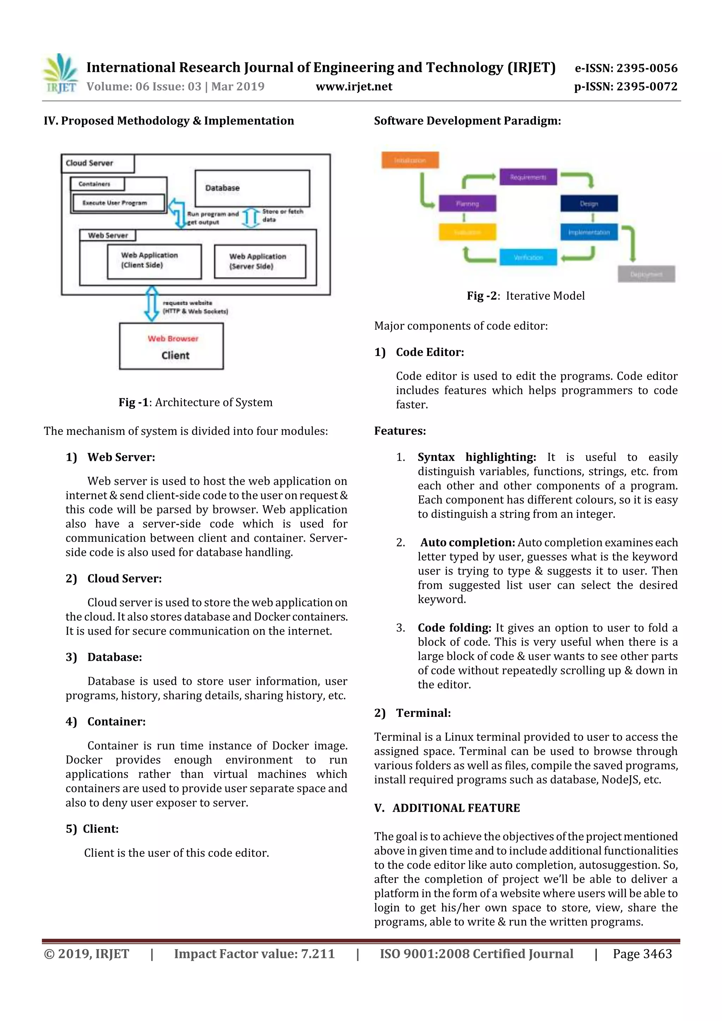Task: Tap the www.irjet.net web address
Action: [x=354, y=87]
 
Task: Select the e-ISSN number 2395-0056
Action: [x=626, y=68]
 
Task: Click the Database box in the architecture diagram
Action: [x=252, y=188]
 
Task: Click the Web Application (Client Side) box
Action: [x=154, y=261]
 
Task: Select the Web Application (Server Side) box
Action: [x=260, y=262]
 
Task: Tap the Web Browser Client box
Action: [x=171, y=346]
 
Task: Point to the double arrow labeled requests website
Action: [x=152, y=304]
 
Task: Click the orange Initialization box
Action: [x=410, y=160]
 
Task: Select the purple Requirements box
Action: [x=528, y=177]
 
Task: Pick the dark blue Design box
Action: [x=588, y=203]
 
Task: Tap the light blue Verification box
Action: [x=528, y=257]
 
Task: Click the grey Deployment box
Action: [x=646, y=274]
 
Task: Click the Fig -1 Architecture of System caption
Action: [x=195, y=402]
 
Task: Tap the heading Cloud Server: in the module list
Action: [x=124, y=579]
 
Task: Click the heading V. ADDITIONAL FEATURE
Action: [x=447, y=808]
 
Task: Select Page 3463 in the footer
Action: [x=642, y=954]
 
